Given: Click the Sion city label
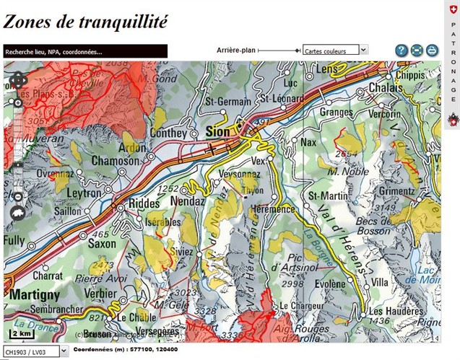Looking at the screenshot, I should pyautogui.click(x=217, y=132).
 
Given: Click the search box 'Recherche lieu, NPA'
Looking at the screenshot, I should pyautogui.click(x=85, y=51).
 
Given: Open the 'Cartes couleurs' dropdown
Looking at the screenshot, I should pyautogui.click(x=336, y=51).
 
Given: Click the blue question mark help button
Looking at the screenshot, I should pyautogui.click(x=402, y=51).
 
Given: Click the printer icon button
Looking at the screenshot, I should pyautogui.click(x=432, y=51).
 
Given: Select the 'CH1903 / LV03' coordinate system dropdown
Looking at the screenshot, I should pyautogui.click(x=34, y=351).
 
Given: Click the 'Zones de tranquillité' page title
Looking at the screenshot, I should pyautogui.click(x=85, y=22).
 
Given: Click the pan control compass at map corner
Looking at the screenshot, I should pyautogui.click(x=19, y=80).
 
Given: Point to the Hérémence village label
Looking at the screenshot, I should pyautogui.click(x=272, y=209).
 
